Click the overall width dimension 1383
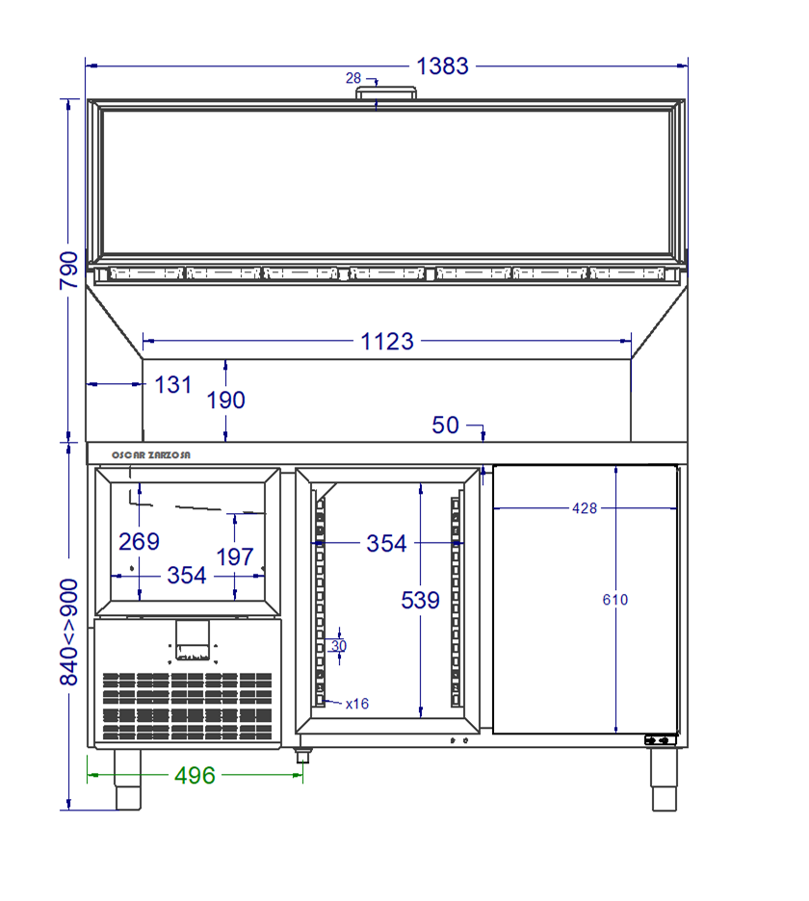(x=442, y=66)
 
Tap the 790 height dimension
(x=69, y=270)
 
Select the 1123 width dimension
(x=387, y=342)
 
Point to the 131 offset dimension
(x=173, y=385)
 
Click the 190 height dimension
(x=226, y=400)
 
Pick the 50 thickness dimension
(x=446, y=425)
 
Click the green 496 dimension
(x=195, y=776)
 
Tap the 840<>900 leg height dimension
(x=69, y=632)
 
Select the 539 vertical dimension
(x=420, y=601)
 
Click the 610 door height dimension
(x=615, y=600)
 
